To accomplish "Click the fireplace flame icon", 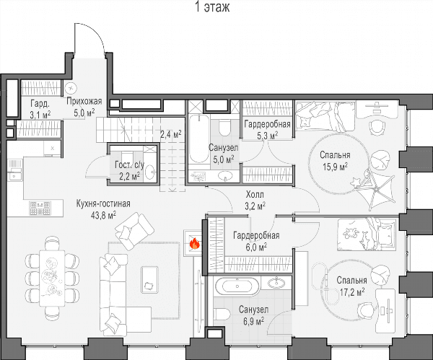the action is pos(195,244).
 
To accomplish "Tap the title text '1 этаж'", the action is pos(212,7).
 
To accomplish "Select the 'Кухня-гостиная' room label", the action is pos(103,203).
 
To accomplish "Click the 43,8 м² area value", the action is pos(103,215).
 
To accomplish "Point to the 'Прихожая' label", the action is pos(84,101).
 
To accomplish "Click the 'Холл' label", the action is pos(255,195).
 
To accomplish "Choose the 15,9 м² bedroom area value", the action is pos(335,167).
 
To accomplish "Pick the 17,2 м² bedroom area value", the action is pos(352,291).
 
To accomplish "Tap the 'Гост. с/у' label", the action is pos(129,165).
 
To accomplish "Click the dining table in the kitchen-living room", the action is pos(52,278).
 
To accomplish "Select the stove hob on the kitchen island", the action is pos(40,208).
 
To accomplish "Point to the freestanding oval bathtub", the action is pos(237,286).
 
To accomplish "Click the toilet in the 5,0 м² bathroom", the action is pos(224,128).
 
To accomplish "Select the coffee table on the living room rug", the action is pos(149,279).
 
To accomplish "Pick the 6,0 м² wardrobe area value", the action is pos(256,247).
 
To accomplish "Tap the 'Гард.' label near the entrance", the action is pos(40,104).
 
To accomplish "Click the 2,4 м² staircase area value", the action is pos(171,134).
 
